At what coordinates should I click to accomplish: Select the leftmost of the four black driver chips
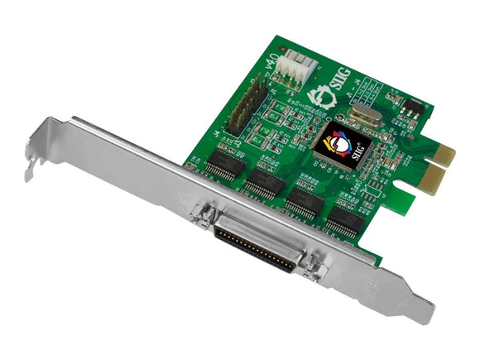[x=221, y=162]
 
